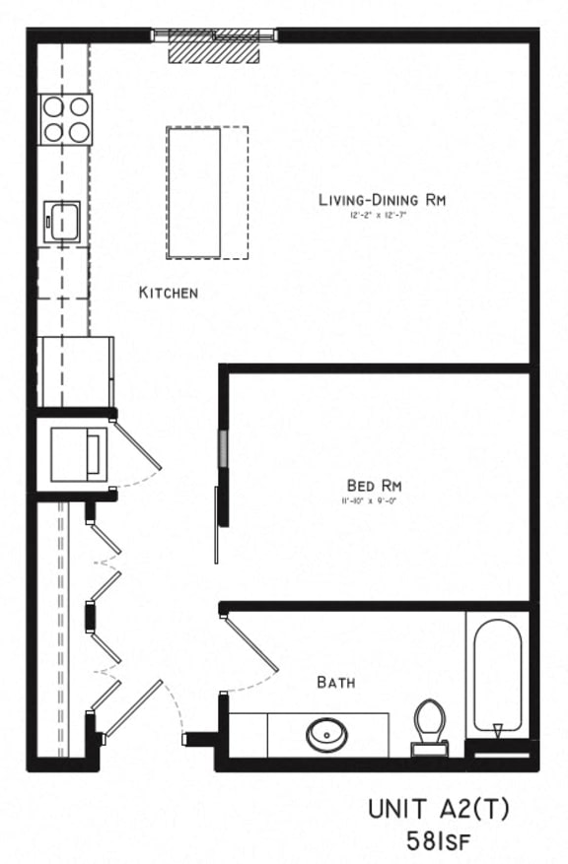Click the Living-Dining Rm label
(x=382, y=200)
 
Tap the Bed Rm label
(x=374, y=485)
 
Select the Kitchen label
(x=169, y=293)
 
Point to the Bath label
(x=335, y=682)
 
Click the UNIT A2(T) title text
(x=439, y=810)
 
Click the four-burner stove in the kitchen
(x=65, y=118)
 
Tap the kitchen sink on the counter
(x=65, y=221)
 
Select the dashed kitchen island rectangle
(x=206, y=192)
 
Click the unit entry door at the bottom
(x=134, y=709)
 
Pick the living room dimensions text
(x=378, y=214)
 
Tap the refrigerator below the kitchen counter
(x=75, y=371)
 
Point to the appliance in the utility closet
(x=78, y=454)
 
